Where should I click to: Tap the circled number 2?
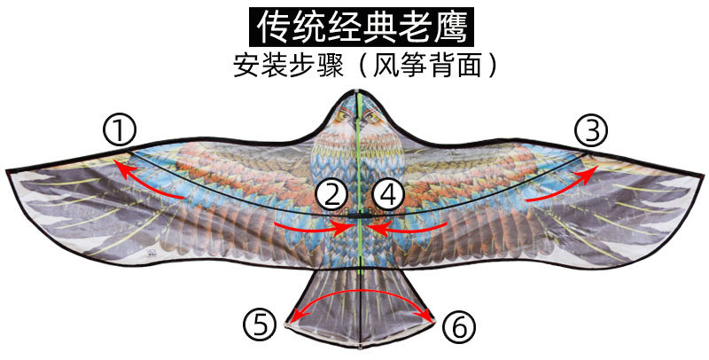(332, 194)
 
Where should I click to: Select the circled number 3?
(590, 131)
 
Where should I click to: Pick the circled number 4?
(388, 194)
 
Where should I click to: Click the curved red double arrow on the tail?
(359, 293)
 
